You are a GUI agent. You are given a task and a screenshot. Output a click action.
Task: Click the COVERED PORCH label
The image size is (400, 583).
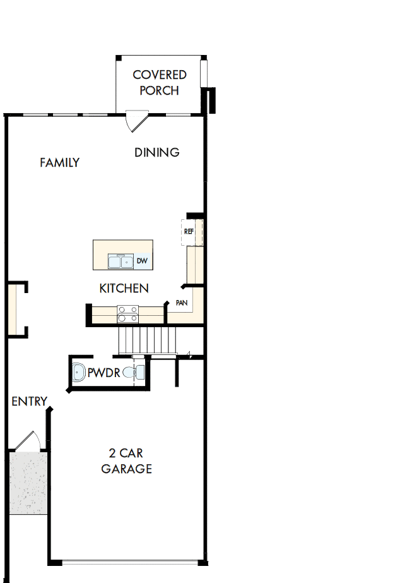click(160, 82)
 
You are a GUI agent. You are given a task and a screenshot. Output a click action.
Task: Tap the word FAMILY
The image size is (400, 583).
click(59, 162)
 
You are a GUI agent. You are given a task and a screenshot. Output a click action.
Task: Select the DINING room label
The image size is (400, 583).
click(157, 152)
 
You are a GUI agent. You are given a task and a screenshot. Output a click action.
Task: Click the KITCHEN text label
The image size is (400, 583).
click(124, 288)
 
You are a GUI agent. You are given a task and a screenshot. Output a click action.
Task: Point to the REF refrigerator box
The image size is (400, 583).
click(189, 232)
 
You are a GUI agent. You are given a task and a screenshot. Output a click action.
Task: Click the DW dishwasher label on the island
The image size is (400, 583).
click(142, 260)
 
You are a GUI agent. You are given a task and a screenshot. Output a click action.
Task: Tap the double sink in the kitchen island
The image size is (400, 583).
click(120, 261)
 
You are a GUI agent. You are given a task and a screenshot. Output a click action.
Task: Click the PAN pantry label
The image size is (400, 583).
click(182, 303)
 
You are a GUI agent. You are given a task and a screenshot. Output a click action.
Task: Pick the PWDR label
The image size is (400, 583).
click(103, 373)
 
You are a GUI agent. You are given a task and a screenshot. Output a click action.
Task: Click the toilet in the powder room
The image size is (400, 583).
click(131, 373)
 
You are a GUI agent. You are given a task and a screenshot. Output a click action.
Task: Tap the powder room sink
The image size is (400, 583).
click(79, 373)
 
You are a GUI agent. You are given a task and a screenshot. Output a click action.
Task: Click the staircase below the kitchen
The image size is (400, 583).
click(146, 341)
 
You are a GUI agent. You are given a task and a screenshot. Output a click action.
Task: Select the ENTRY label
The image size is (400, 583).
click(29, 401)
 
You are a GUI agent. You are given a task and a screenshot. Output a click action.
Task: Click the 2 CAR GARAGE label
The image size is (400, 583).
click(126, 461)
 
